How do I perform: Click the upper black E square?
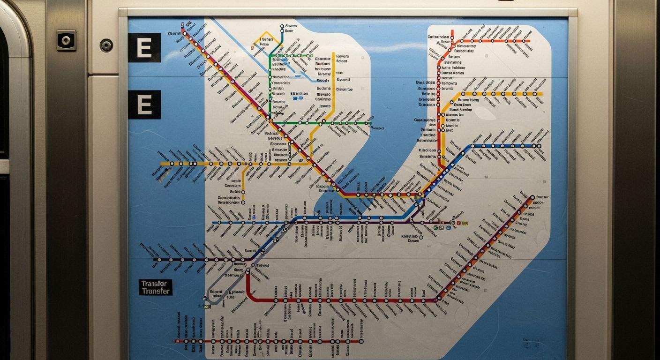click(144, 48)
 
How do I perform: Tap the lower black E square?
click(144, 105)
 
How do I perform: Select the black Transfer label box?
click(156, 287)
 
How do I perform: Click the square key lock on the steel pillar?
click(66, 40)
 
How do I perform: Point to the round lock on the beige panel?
click(106, 45)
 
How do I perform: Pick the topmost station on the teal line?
click(282, 27)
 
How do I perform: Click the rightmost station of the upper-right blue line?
click(539, 146)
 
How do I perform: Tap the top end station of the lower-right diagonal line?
click(532, 197)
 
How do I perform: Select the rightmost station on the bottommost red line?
click(361, 341)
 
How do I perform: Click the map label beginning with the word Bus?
click(426, 82)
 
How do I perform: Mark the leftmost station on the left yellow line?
click(172, 164)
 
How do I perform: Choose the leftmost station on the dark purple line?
click(159, 259)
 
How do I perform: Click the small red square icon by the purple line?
click(458, 223)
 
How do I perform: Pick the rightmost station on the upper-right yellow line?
click(533, 94)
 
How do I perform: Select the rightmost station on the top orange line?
click(523, 41)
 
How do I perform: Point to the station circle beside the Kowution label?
click(421, 237)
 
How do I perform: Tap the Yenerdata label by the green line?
click(281, 83)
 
